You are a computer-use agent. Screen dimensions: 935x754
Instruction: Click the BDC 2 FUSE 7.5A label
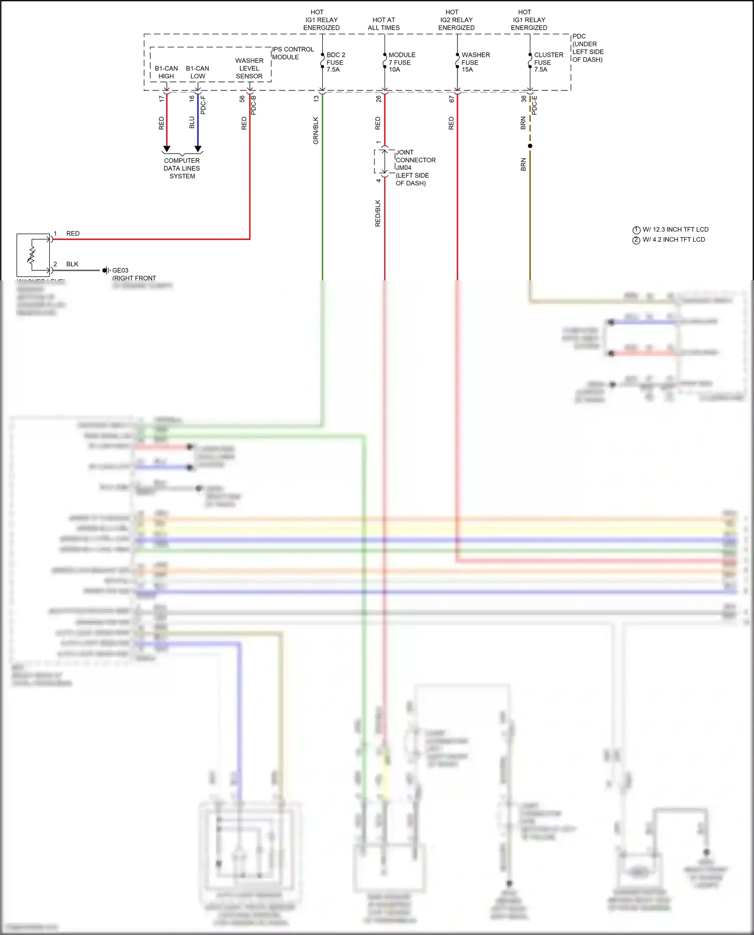[335, 62]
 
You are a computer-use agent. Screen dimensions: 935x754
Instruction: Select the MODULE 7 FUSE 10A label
[402, 62]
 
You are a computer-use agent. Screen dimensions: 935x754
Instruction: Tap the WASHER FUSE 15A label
[475, 62]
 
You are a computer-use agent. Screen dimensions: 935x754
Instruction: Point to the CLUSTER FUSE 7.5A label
[548, 62]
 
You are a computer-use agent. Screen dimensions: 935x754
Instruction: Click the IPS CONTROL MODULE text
[293, 53]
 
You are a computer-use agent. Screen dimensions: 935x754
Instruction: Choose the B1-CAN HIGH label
[166, 72]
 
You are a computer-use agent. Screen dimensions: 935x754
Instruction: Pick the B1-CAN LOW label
[198, 72]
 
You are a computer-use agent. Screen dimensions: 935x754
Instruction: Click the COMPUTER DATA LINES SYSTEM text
[182, 168]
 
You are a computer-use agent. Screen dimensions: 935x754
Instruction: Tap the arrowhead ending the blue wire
[198, 149]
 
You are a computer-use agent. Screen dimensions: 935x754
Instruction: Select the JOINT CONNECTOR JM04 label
[415, 160]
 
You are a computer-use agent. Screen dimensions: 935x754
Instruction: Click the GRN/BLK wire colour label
[316, 131]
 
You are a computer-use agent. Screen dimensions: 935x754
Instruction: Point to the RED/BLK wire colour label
[378, 213]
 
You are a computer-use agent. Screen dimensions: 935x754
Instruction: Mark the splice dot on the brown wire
[530, 146]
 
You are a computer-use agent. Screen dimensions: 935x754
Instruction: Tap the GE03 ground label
[120, 270]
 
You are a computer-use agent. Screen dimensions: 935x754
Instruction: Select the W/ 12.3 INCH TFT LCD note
[675, 230]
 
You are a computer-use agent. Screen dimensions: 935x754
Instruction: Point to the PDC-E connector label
[534, 105]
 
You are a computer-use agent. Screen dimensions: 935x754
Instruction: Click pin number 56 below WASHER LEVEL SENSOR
[242, 99]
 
